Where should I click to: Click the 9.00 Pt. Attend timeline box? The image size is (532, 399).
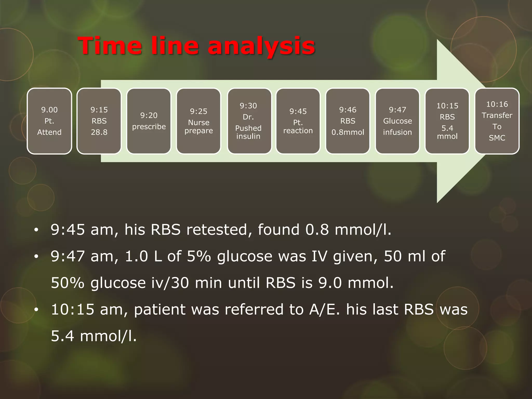49,121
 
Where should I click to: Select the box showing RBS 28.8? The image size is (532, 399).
99,121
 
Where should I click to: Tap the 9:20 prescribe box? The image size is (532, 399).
149,121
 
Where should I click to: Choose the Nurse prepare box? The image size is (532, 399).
198,121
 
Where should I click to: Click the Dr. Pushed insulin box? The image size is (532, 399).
248,121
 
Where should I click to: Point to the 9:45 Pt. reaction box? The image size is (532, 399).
298,121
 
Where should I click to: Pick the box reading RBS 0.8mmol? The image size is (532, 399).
348,121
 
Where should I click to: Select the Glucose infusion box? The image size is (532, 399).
397,121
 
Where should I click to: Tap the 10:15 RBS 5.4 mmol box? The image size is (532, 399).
447,121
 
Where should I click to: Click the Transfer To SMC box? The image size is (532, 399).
497,121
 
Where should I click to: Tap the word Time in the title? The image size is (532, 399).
110,46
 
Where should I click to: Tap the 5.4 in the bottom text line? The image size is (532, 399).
62,336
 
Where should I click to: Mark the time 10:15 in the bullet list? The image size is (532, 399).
72,310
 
